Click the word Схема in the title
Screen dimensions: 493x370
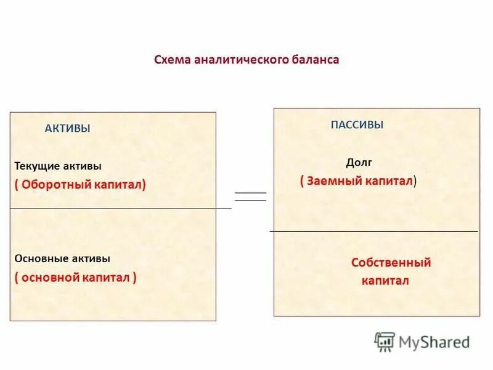pos(172,60)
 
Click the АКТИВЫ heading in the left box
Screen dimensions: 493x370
pos(68,129)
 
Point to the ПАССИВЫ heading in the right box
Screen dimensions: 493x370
pos(357,125)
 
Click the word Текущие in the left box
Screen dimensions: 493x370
pos(39,166)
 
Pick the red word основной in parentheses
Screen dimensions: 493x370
pos(50,277)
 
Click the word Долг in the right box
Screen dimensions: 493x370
pos(359,163)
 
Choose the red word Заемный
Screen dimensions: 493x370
pos(332,181)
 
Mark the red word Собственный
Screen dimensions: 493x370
pos(391,263)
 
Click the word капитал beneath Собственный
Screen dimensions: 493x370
pos(385,281)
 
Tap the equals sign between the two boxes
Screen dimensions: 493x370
pos(251,197)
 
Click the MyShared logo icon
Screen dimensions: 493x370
pos(385,341)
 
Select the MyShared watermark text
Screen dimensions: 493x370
pos(434,342)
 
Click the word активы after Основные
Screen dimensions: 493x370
pos(91,259)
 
